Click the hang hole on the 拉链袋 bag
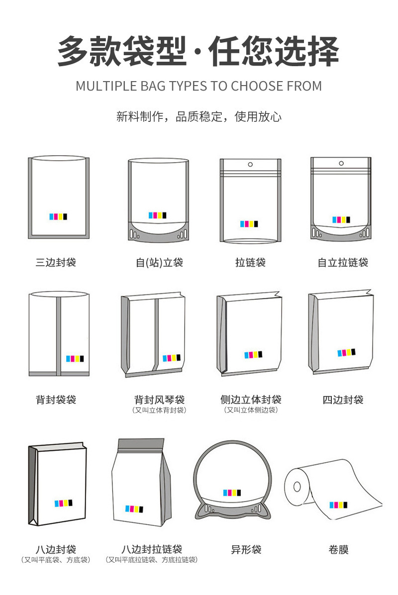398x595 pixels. click(250, 164)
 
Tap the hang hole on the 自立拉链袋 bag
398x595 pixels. click(341, 163)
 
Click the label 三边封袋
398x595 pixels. click(56, 262)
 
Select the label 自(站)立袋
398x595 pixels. click(159, 262)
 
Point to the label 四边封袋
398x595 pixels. click(343, 399)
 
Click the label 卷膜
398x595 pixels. click(338, 549)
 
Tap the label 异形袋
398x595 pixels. click(246, 549)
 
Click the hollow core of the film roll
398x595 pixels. click(297, 487)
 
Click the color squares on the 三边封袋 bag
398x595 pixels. click(58, 217)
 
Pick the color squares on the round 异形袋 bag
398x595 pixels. click(232, 493)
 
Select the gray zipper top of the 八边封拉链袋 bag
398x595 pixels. click(141, 444)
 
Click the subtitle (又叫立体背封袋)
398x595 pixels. click(159, 410)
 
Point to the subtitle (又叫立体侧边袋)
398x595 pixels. click(251, 410)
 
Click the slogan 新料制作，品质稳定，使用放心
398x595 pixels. click(199, 116)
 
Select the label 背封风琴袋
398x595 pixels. click(159, 399)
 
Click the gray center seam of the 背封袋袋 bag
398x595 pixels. click(58, 336)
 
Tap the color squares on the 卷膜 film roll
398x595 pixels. click(338, 505)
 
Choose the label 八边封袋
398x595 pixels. click(56, 549)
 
